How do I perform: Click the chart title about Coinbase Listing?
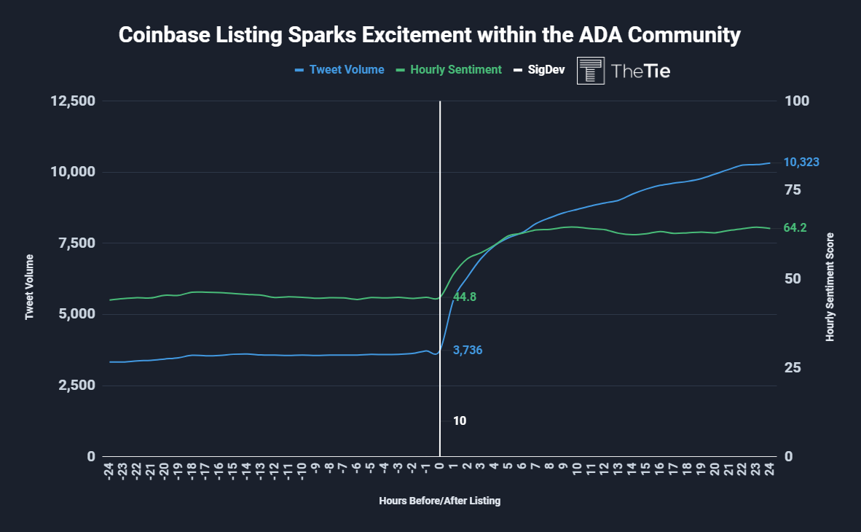pos(430,35)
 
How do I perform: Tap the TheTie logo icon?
pos(590,71)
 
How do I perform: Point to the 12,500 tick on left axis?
pos(73,101)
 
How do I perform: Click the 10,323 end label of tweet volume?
pos(801,163)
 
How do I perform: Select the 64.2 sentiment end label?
pos(795,228)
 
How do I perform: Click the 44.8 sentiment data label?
pos(464,297)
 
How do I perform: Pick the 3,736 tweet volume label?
pos(468,351)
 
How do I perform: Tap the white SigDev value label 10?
pos(460,421)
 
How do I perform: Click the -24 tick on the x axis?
pos(108,472)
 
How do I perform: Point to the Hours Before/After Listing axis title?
pos(440,501)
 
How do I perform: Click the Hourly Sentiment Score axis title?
pos(830,287)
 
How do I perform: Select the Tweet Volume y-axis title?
pos(30,287)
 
